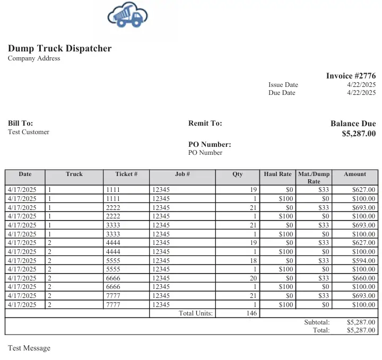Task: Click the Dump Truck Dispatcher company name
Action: [x=59, y=48]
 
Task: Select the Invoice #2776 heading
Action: [x=351, y=76]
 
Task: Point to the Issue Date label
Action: [x=283, y=85]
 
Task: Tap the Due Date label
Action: [x=282, y=93]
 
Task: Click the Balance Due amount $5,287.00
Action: [x=359, y=134]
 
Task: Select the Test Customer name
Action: [x=29, y=132]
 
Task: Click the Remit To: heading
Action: [x=205, y=124]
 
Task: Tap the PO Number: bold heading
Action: [x=210, y=144]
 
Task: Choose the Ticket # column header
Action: [x=126, y=174]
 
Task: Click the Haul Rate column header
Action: [x=277, y=174]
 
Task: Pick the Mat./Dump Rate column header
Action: [x=314, y=177]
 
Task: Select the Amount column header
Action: [x=355, y=174]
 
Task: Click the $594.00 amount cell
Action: [x=363, y=260]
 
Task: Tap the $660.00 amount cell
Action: [x=363, y=278]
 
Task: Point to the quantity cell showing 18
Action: [x=253, y=260]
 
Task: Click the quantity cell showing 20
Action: [x=253, y=278]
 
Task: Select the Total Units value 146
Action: [x=251, y=313]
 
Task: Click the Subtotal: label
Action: [x=317, y=322]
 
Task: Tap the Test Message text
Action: [x=29, y=348]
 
